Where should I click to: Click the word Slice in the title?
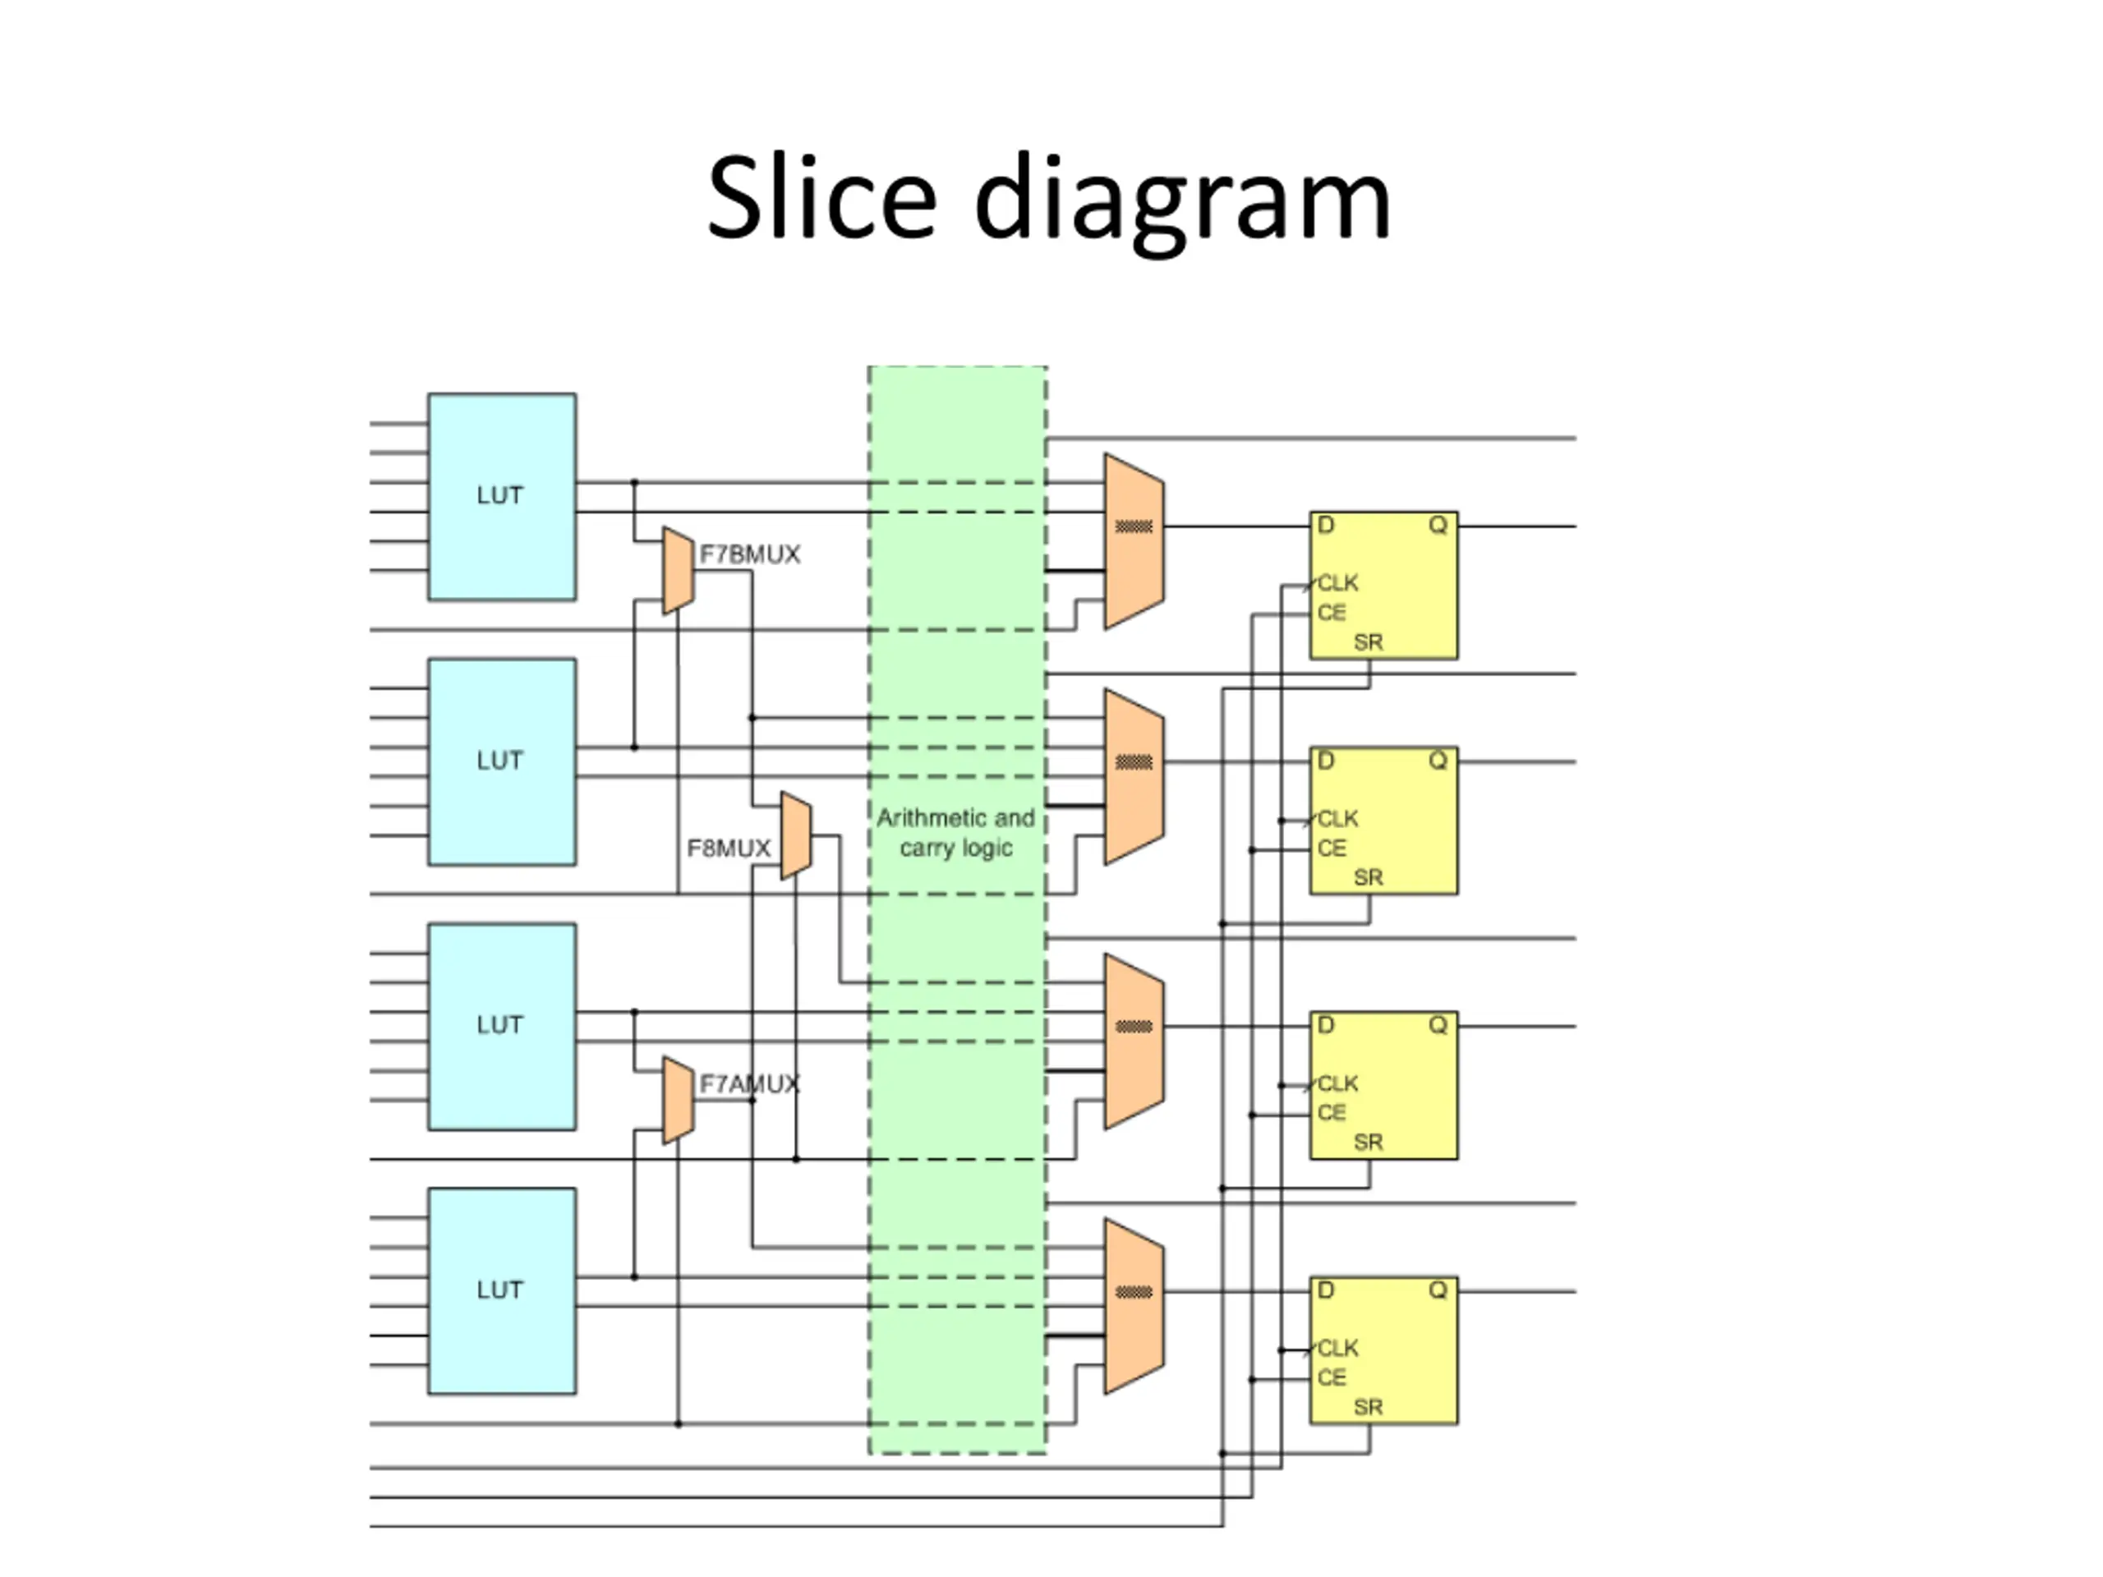821,200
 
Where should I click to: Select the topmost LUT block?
501,496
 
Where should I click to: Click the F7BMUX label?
749,554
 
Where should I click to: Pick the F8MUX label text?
729,848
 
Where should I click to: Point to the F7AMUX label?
749,1083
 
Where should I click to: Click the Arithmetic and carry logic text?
955,833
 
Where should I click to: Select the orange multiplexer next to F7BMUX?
678,570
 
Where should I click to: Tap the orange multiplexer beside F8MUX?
796,835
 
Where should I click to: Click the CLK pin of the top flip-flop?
1337,582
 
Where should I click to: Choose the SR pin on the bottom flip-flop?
1367,1407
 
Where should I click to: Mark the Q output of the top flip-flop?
1438,525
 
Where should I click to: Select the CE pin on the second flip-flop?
1331,848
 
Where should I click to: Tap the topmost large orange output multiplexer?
1134,541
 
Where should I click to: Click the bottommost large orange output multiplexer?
1134,1306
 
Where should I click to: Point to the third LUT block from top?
501,1026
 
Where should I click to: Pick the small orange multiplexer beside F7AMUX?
678,1100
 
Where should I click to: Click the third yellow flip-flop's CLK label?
1337,1083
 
